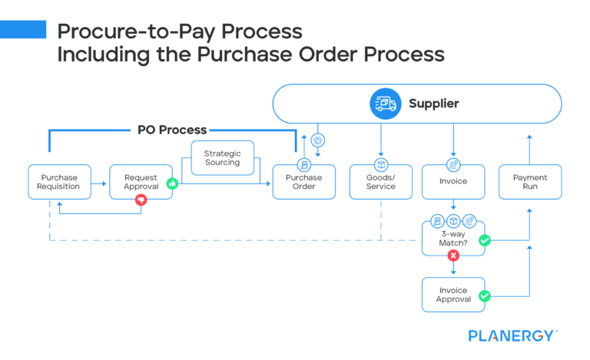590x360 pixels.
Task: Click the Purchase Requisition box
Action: pos(59,182)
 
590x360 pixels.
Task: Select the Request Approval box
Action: pos(141,182)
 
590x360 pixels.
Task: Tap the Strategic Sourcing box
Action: pos(222,158)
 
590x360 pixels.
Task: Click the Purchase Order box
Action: pos(303,183)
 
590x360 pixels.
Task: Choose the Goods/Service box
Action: pos(380,183)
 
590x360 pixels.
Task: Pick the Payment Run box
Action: pos(530,182)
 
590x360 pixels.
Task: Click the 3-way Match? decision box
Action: pos(453,239)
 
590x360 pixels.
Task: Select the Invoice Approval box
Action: pos(453,295)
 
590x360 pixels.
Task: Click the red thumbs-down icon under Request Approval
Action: pos(141,200)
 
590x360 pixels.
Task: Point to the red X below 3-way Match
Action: pos(453,256)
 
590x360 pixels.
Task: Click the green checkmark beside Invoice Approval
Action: pos(485,295)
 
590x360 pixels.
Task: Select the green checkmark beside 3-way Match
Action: pos(485,240)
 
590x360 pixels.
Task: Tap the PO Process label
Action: pos(172,130)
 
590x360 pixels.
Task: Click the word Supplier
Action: pos(434,103)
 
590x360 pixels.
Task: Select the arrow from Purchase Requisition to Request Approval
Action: pos(100,183)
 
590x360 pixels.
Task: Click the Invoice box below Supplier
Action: pos(453,183)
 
